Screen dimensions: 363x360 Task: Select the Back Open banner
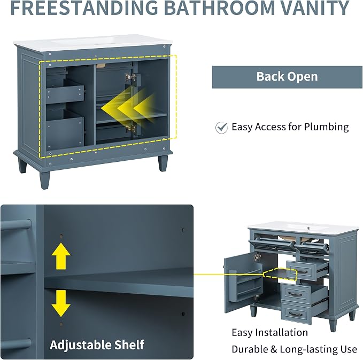point(287,77)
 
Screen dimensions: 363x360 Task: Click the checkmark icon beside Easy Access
point(221,128)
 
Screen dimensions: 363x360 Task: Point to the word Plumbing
point(326,128)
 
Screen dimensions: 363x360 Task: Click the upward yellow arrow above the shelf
point(61,256)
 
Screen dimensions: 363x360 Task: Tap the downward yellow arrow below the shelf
point(61,303)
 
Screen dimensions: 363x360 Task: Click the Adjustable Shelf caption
point(97,345)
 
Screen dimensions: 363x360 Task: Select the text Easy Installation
point(269,333)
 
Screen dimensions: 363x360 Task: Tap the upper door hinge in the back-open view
point(130,77)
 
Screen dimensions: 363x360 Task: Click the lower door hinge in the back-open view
point(130,128)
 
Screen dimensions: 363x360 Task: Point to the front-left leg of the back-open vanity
point(44,180)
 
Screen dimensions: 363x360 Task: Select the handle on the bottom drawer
point(296,314)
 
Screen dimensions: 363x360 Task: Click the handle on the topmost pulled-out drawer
point(303,271)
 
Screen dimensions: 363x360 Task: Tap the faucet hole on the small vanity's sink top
point(309,229)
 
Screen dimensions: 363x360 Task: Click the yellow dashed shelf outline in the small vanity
point(280,274)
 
